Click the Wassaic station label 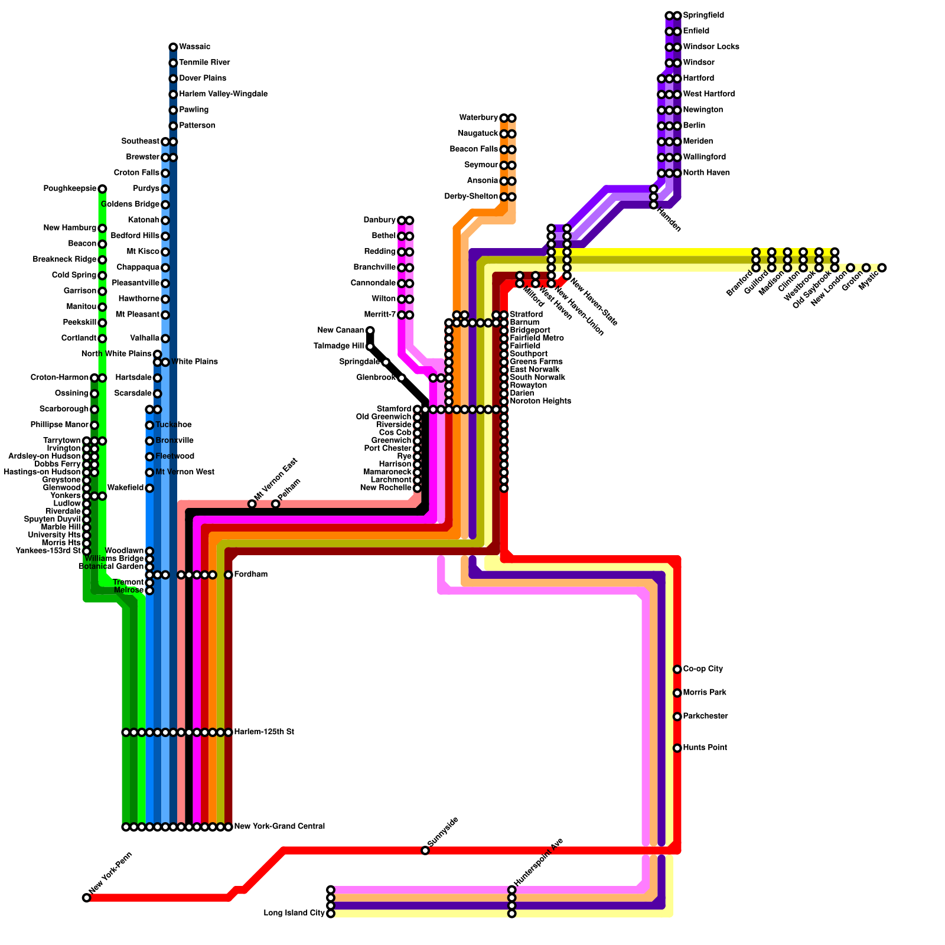tap(194, 47)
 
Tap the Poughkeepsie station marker tap(102, 189)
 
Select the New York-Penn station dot tap(87, 898)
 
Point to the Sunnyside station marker tap(425, 850)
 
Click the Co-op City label tap(702, 669)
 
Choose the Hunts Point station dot tap(677, 748)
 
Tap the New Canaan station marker tap(370, 331)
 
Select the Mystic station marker tap(882, 268)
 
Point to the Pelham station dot tap(275, 504)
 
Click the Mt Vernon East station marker tap(252, 504)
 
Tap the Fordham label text tap(250, 575)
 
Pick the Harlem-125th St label tap(263, 732)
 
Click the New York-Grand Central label tap(279, 827)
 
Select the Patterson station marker tap(173, 126)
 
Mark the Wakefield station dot tap(149, 488)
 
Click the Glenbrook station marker tap(402, 378)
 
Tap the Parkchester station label tap(705, 716)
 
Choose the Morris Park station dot tap(677, 693)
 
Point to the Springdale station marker tap(386, 362)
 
